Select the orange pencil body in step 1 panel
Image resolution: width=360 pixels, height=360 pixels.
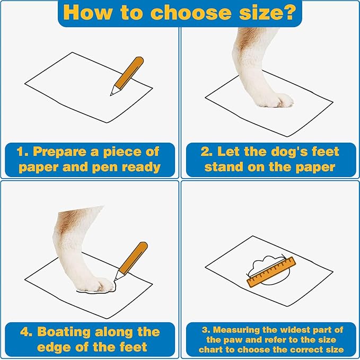pyautogui.click(x=129, y=72)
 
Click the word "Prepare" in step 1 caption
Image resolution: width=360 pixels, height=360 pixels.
pyautogui.click(x=60, y=152)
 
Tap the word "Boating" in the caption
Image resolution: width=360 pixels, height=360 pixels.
pyautogui.click(x=64, y=332)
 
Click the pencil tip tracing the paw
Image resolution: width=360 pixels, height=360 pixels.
pyautogui.click(x=116, y=279)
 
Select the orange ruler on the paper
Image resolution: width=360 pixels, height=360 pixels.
pyautogui.click(x=271, y=272)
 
